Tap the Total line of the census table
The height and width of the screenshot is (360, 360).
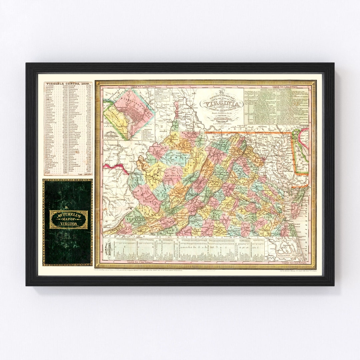83,174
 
